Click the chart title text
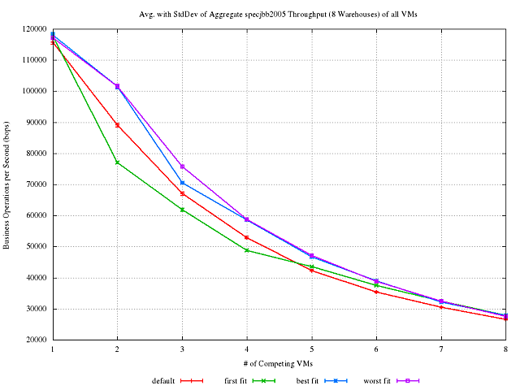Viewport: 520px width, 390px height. (x=279, y=14)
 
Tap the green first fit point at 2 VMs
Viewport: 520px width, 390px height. (x=117, y=162)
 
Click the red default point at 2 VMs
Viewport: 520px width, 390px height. (x=117, y=125)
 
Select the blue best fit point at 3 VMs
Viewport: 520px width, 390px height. (x=182, y=183)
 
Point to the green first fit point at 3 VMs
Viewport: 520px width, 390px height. (x=182, y=210)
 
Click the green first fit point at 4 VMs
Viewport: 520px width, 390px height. (x=246, y=250)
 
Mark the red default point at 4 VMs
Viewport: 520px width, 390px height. (x=246, y=237)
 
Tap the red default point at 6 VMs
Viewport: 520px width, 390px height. (x=376, y=292)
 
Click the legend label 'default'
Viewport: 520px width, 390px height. (x=163, y=380)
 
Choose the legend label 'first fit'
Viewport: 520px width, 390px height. (x=236, y=380)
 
